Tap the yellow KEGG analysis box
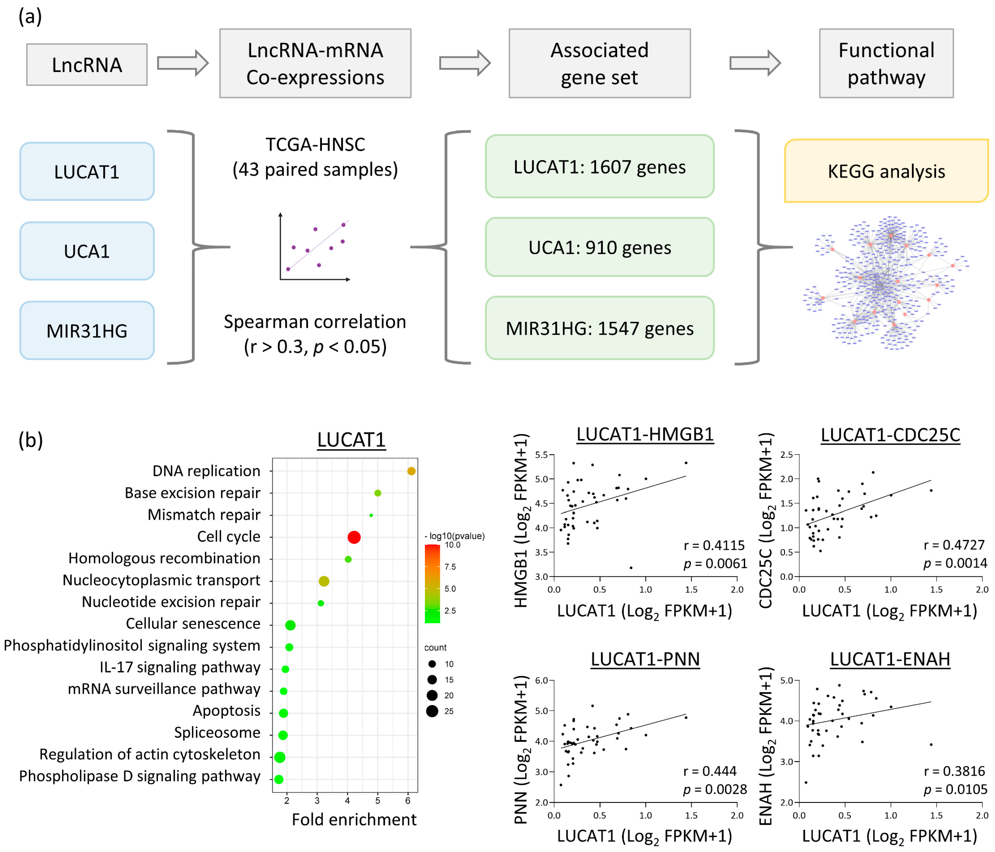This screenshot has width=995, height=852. point(886,171)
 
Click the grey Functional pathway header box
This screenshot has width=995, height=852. point(886,63)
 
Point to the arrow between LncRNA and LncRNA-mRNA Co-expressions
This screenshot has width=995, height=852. point(182,63)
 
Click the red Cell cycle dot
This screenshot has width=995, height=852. point(354,537)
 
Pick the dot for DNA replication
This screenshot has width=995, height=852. point(411,471)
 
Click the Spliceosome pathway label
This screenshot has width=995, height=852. point(217,732)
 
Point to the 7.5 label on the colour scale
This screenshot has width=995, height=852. point(450,567)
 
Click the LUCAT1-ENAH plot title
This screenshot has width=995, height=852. point(890,659)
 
